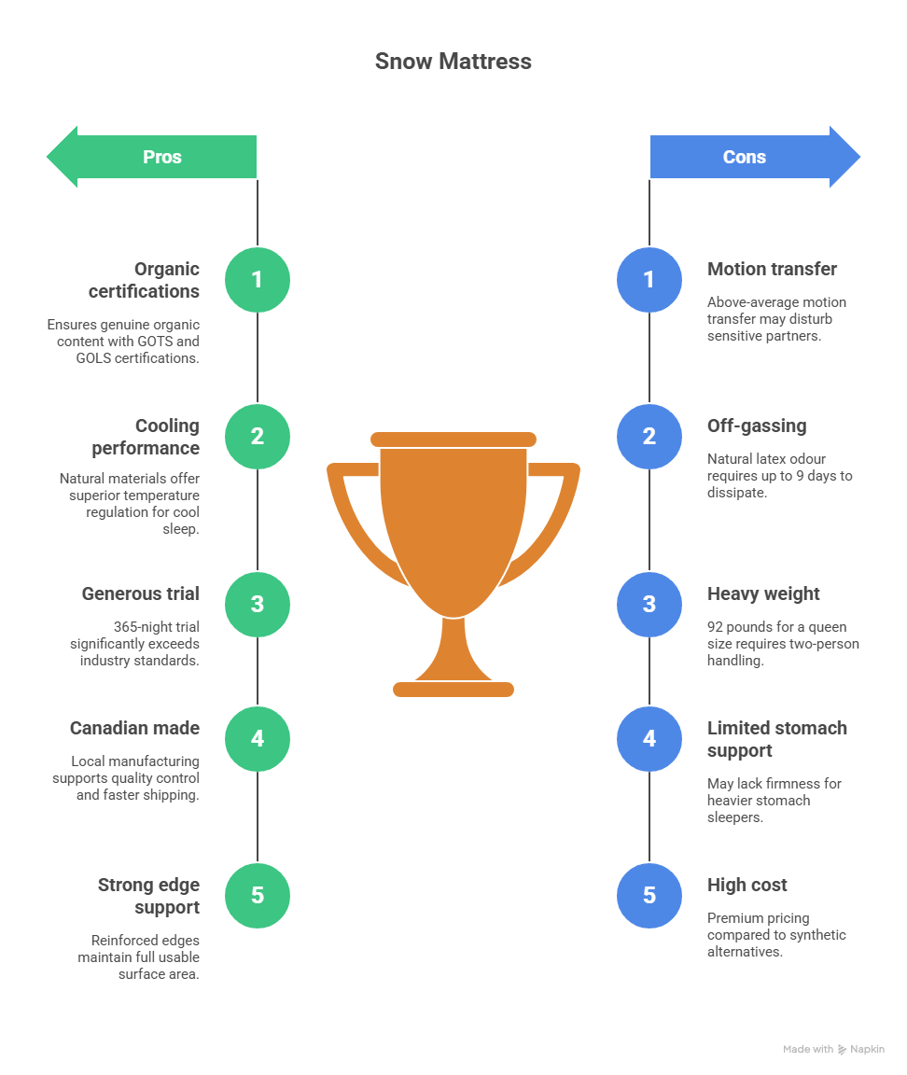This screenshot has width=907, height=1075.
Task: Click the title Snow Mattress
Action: pos(453,62)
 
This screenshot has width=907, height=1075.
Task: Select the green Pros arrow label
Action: pos(161,157)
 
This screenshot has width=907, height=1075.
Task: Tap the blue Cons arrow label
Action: pos(745,157)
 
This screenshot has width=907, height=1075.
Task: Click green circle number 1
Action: pos(258,280)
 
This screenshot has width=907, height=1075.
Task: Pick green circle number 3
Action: pos(258,605)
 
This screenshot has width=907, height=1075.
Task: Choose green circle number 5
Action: pos(258,896)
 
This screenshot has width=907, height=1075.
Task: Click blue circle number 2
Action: pos(649,437)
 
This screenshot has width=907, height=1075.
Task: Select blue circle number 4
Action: pos(649,739)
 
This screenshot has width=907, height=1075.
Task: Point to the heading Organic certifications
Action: pos(144,280)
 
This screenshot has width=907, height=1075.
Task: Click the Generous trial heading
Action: pos(140,593)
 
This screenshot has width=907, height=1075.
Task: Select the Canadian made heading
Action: pos(134,728)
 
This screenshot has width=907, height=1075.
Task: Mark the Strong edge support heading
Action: pos(148,896)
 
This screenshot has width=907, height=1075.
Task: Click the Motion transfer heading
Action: pos(772,269)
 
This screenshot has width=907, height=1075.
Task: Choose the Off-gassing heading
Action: pos(756,426)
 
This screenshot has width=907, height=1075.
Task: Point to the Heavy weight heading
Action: pos(763,593)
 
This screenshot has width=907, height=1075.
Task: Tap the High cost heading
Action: pos(747,885)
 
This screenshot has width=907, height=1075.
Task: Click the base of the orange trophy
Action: pos(453,690)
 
